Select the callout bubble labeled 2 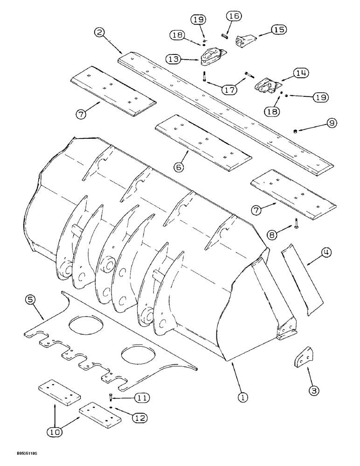point(98,33)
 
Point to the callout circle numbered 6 point(180,166)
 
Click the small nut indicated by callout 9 point(295,131)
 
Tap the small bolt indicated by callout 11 point(111,397)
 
